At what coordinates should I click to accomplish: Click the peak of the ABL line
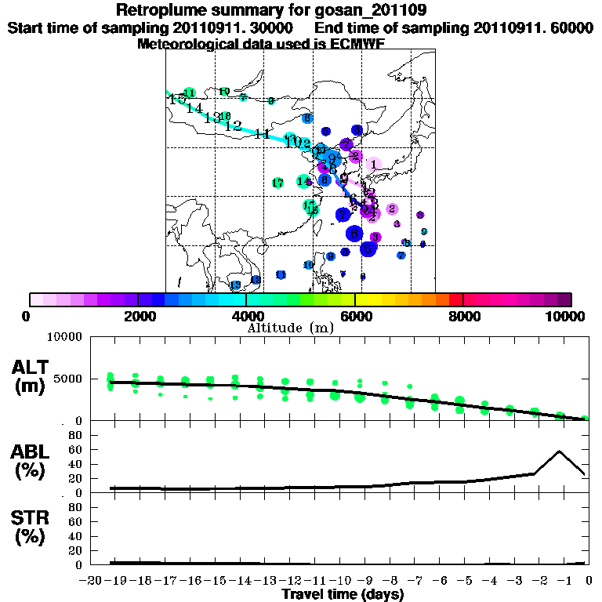point(560,451)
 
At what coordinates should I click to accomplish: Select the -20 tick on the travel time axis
point(92,581)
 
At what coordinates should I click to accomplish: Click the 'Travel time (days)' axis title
point(343,595)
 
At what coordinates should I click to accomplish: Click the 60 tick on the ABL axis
point(77,449)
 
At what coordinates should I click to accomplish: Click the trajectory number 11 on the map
point(262,134)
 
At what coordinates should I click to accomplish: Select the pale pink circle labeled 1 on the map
point(373,164)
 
